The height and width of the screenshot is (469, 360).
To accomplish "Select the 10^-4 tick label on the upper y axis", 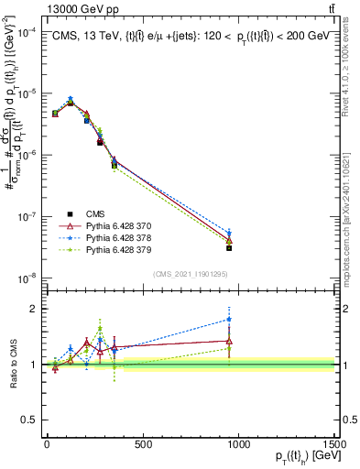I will point(27,32).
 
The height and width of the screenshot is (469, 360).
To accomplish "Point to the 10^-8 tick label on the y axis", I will point(27,278).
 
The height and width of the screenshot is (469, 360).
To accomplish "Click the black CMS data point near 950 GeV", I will point(229,248).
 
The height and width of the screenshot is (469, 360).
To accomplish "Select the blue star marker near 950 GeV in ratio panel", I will point(229,320).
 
